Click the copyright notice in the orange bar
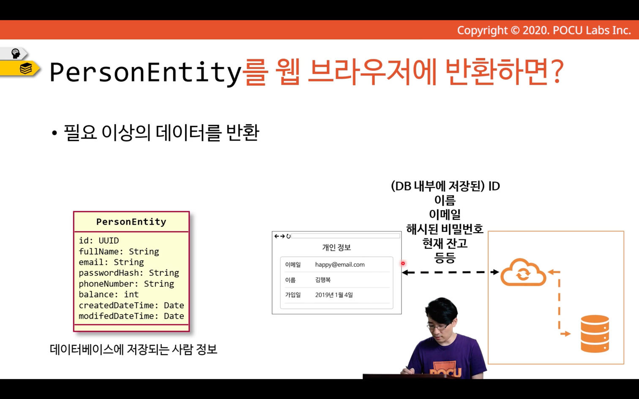[544, 30]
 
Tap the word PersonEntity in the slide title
[145, 72]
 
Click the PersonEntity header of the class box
[131, 222]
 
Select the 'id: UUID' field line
[99, 241]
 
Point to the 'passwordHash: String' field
[129, 273]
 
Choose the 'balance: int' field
[109, 294]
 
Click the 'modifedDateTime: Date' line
[131, 316]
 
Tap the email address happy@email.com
[340, 264]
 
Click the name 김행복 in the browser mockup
[323, 280]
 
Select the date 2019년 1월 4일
[334, 295]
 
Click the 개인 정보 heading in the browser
[336, 247]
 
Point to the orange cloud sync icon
[523, 272]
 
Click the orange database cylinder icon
[595, 334]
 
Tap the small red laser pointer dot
[403, 263]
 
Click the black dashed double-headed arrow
[451, 272]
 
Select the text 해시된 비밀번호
[445, 229]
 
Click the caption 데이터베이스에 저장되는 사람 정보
[134, 350]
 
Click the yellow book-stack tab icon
[26, 69]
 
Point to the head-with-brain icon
[15, 54]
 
